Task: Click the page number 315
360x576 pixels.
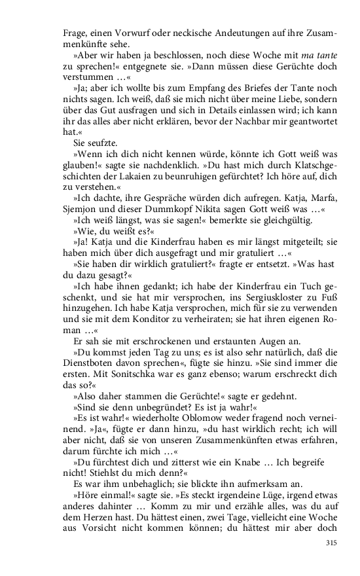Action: [x=331, y=543]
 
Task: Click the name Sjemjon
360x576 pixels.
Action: [x=81, y=212]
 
